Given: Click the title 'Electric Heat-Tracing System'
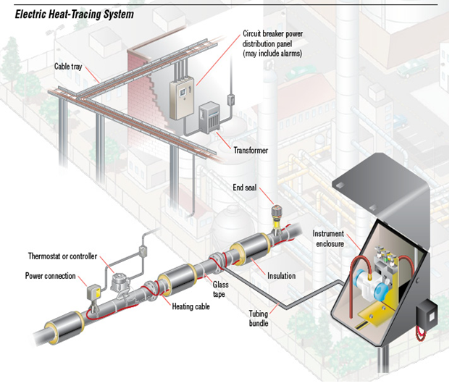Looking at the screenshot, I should pyautogui.click(x=69, y=14).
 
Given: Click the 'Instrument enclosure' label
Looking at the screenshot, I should pyautogui.click(x=330, y=238).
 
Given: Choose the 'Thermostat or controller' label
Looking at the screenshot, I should pyautogui.click(x=62, y=256).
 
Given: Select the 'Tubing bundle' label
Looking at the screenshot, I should pyautogui.click(x=259, y=319).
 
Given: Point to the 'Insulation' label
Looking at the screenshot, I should pyautogui.click(x=281, y=276).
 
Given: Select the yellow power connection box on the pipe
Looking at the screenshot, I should pyautogui.click(x=93, y=293).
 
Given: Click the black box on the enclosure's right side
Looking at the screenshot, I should pyautogui.click(x=425, y=316).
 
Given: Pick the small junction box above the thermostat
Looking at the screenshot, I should pyautogui.click(x=143, y=251).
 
